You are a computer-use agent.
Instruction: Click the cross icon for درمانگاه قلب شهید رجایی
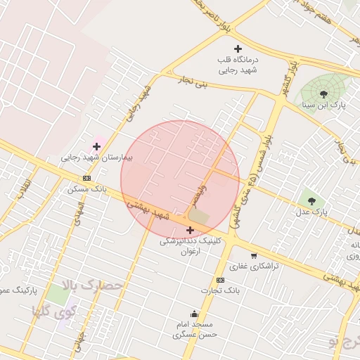tap(238, 49)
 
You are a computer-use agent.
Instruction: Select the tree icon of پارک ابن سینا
tap(323, 93)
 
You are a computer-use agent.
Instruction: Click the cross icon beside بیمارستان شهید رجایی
tap(96, 146)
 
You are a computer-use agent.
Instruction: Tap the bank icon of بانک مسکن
tap(86, 179)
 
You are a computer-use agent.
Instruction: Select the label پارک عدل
tap(311, 211)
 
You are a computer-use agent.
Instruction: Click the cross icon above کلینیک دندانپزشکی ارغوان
tap(190, 229)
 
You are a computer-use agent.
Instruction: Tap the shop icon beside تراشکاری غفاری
tap(253, 255)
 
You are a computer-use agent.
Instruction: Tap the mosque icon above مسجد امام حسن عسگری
tap(194, 314)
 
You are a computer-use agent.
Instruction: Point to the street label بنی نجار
tap(193, 85)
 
